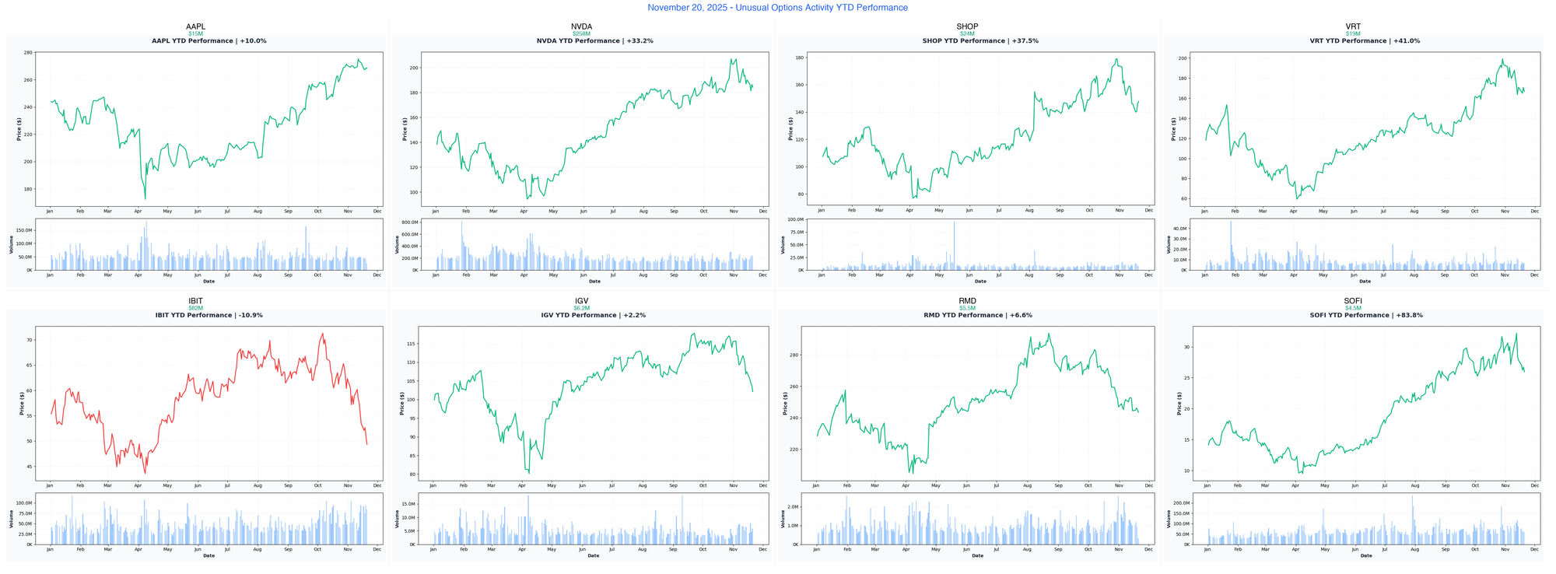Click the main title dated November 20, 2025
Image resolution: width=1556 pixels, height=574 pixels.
pos(777,8)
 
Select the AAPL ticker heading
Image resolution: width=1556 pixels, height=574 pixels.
pos(195,26)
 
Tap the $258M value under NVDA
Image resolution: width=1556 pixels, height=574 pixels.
pos(581,33)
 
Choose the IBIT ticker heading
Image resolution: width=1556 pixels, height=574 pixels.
pos(195,301)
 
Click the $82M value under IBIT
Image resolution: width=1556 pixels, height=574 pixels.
pos(195,308)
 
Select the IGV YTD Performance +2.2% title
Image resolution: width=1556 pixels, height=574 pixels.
pos(593,315)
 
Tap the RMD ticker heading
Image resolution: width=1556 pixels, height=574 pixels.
pos(967,301)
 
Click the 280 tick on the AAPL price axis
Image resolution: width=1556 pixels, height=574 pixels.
pos(27,53)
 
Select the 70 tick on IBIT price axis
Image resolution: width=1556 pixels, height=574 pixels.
pos(29,340)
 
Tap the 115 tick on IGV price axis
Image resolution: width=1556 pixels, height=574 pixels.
pos(412,344)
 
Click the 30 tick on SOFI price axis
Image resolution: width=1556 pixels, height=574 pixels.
pos(1187,347)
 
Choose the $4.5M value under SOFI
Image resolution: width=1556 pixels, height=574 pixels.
pos(1353,308)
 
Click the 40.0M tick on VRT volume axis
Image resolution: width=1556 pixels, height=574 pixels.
pos(1180,229)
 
